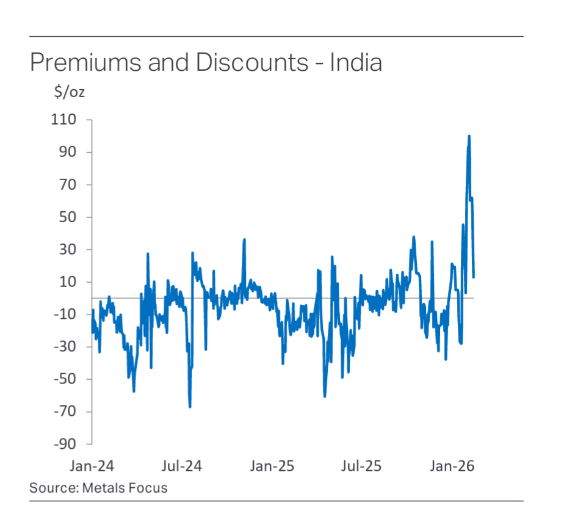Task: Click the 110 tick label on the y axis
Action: pyautogui.click(x=73, y=120)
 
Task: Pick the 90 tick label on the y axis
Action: pyautogui.click(x=76, y=152)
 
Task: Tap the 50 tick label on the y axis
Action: pyautogui.click(x=76, y=217)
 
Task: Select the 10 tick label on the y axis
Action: pyautogui.click(x=76, y=281)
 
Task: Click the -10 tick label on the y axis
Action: pyautogui.click(x=73, y=314)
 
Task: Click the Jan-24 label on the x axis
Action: pyautogui.click(x=92, y=466)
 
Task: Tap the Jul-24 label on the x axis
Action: pyautogui.click(x=181, y=466)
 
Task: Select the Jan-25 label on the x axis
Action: pyautogui.click(x=272, y=466)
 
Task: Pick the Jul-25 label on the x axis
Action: pyautogui.click(x=361, y=466)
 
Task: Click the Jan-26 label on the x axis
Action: pyautogui.click(x=452, y=466)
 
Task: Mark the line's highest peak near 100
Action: pyautogui.click(x=469, y=136)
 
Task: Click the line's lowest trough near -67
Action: pyautogui.click(x=190, y=406)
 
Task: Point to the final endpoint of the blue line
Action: pyautogui.click(x=474, y=277)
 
